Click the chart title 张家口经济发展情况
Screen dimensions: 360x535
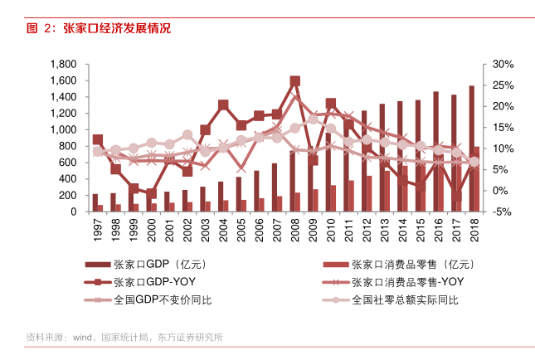point(116,28)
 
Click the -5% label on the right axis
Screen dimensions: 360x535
point(503,212)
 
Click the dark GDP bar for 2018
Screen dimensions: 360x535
point(471,149)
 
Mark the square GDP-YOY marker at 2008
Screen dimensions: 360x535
point(294,81)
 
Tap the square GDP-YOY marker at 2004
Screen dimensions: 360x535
point(223,105)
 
